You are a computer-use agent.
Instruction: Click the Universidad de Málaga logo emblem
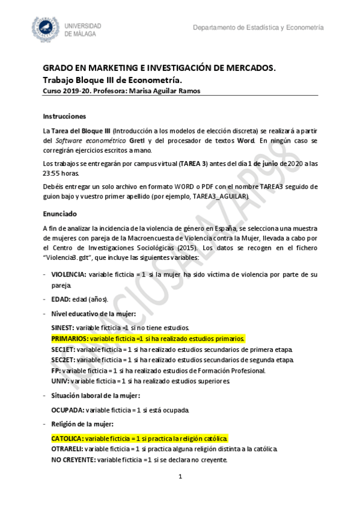(46, 30)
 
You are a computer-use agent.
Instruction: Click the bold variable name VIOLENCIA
(69, 274)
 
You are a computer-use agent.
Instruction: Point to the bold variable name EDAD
(60, 299)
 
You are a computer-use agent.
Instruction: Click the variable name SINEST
(63, 328)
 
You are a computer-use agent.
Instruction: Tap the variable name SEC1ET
(63, 349)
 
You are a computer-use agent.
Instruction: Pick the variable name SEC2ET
(63, 360)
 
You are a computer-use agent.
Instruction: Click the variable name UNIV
(60, 381)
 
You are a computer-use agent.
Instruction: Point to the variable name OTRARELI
(67, 449)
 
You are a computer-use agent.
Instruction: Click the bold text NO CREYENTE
(73, 460)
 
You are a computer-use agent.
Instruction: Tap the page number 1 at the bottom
(180, 477)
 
